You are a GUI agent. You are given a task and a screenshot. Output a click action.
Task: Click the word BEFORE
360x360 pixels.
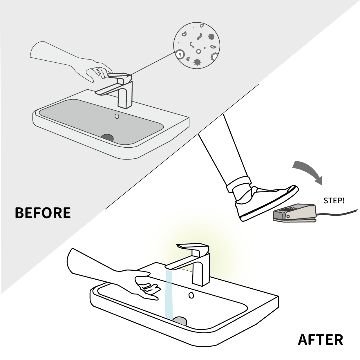(x=43, y=213)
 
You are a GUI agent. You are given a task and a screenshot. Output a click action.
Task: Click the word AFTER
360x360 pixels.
(x=320, y=340)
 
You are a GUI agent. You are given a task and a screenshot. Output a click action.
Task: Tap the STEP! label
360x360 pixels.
(x=334, y=200)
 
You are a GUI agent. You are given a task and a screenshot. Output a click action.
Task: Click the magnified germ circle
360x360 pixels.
(x=197, y=46)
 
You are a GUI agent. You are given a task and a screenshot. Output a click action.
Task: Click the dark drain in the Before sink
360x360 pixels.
(x=108, y=137)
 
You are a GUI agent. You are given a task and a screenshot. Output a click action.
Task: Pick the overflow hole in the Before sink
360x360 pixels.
(x=117, y=116)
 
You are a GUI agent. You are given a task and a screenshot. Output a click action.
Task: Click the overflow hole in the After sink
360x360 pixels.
(x=191, y=295)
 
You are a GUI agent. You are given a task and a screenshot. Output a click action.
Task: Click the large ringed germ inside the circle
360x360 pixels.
(x=180, y=54)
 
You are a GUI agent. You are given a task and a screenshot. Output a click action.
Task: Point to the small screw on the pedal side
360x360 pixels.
(x=288, y=217)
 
